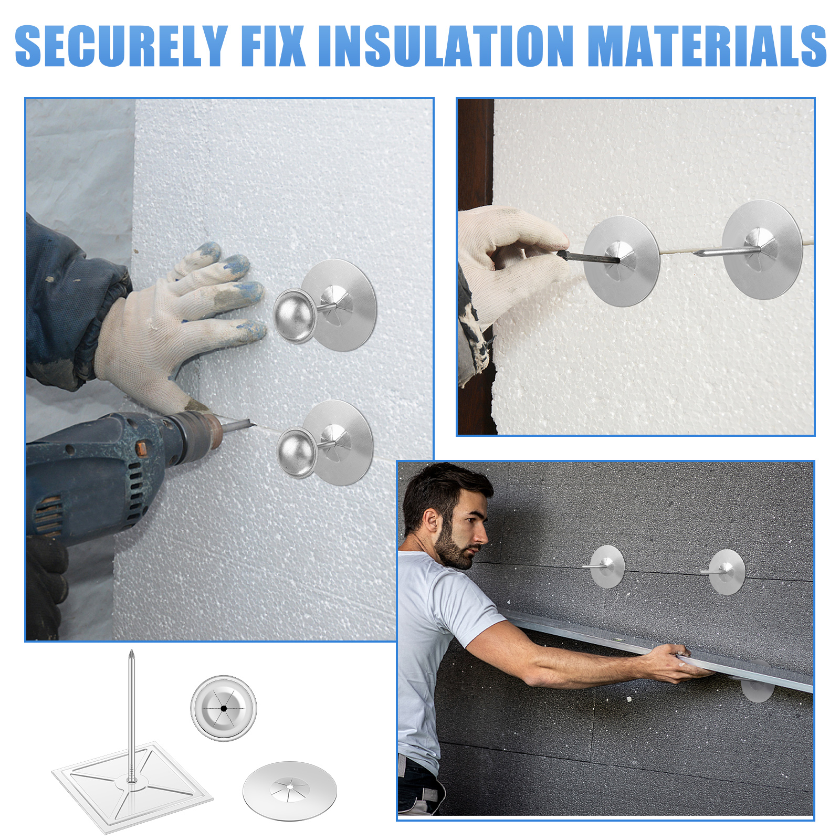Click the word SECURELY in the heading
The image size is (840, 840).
tap(121, 46)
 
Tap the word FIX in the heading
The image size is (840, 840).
tap(274, 46)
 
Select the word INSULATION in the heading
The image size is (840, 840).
tap(446, 46)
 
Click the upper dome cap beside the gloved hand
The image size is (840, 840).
tap(295, 316)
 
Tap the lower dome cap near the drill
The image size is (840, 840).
tap(297, 453)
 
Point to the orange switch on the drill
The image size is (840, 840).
tap(141, 448)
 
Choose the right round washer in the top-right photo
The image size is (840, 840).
tap(762, 249)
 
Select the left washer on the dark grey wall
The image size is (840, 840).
tap(607, 566)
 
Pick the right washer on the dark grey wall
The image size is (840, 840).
tap(727, 572)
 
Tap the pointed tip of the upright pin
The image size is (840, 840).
tap(131, 651)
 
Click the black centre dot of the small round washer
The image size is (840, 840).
tap(224, 708)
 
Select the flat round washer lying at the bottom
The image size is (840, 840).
tap(290, 791)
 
